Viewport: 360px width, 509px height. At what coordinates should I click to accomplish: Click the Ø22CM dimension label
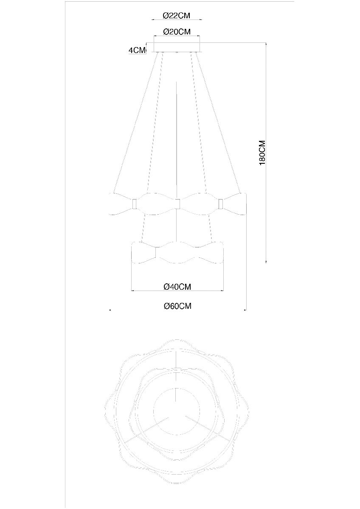[177, 15]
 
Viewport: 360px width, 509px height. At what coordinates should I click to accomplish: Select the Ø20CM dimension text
[177, 31]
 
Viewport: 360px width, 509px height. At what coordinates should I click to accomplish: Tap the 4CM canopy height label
[137, 50]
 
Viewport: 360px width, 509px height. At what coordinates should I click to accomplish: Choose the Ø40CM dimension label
[177, 287]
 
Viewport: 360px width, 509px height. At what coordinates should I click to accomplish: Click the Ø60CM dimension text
[177, 306]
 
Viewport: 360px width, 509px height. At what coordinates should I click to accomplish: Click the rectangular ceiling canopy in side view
[177, 47]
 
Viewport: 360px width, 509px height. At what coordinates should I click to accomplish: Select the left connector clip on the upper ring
[135, 204]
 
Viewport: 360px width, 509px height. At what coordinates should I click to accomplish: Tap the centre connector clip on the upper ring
[177, 204]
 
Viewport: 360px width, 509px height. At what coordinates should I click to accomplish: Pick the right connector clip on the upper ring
[220, 204]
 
